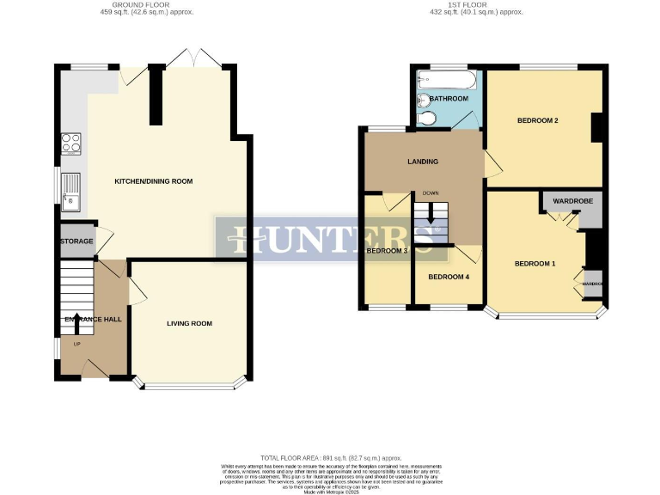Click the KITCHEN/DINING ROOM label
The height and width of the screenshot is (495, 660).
click(154, 181)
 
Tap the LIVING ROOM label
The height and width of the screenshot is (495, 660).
click(189, 323)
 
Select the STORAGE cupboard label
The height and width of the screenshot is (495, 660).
click(76, 241)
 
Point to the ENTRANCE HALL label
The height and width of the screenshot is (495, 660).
click(92, 320)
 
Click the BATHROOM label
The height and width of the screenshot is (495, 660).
click(449, 99)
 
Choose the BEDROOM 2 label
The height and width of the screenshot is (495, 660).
click(538, 120)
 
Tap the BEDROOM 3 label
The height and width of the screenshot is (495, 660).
click(387, 251)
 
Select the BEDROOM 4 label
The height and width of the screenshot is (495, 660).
click(449, 277)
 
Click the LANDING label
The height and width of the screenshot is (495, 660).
click(423, 162)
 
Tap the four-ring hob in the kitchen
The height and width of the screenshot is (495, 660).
click(70, 143)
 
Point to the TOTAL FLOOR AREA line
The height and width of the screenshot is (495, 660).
click(330, 458)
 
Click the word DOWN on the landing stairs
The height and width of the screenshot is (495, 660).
click(431, 193)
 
